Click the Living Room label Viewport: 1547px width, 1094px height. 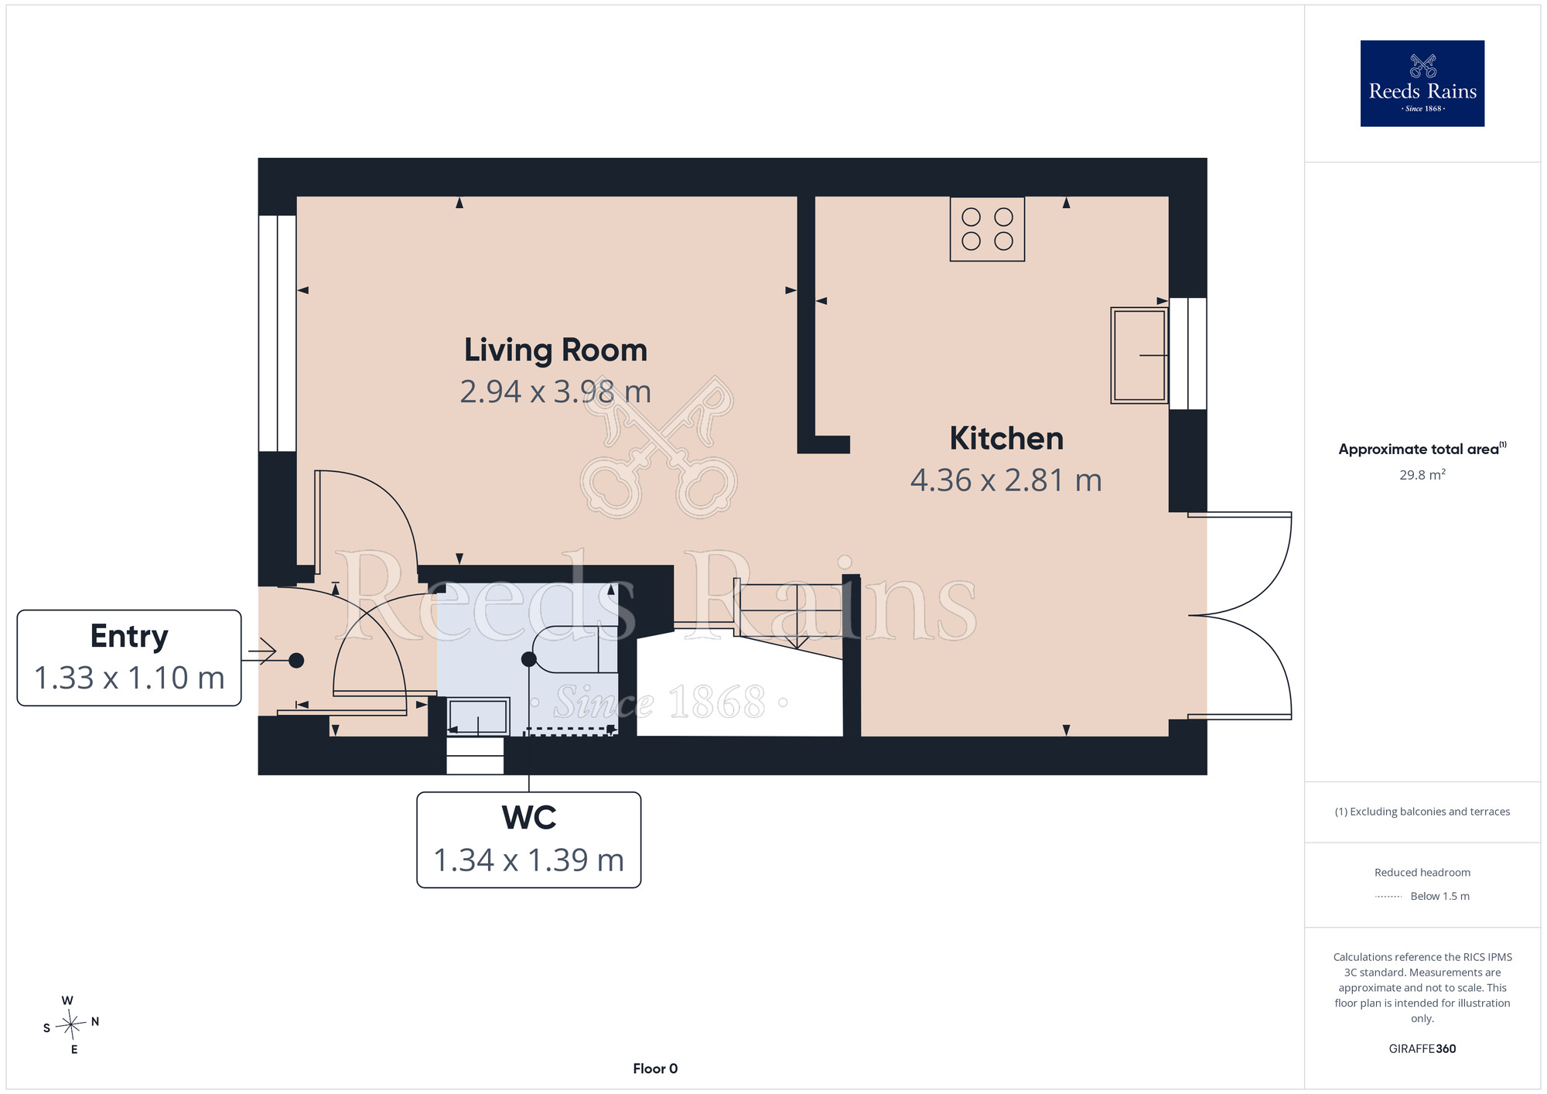click(555, 350)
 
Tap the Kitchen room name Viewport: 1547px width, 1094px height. click(1006, 439)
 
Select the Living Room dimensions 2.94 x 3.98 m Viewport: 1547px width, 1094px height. click(555, 391)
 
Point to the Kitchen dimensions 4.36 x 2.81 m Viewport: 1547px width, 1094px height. click(1006, 480)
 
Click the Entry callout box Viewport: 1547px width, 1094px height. click(129, 658)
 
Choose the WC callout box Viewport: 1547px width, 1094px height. click(529, 839)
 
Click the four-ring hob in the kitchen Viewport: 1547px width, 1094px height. click(987, 229)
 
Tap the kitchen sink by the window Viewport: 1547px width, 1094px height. click(1139, 355)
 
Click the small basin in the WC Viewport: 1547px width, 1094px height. click(478, 716)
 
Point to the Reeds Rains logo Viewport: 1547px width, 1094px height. click(1422, 84)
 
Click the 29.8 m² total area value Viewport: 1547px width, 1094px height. click(1422, 474)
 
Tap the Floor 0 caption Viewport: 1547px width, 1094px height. click(655, 1068)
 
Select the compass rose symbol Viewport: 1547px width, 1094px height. click(71, 1025)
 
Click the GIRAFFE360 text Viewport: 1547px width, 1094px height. click(1422, 1049)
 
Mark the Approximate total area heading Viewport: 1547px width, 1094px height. click(1422, 449)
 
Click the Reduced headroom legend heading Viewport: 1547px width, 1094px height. click(1422, 873)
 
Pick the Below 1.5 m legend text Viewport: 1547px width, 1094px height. click(1439, 896)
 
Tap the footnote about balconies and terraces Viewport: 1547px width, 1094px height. click(1422, 812)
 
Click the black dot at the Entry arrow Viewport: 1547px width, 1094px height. click(296, 661)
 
